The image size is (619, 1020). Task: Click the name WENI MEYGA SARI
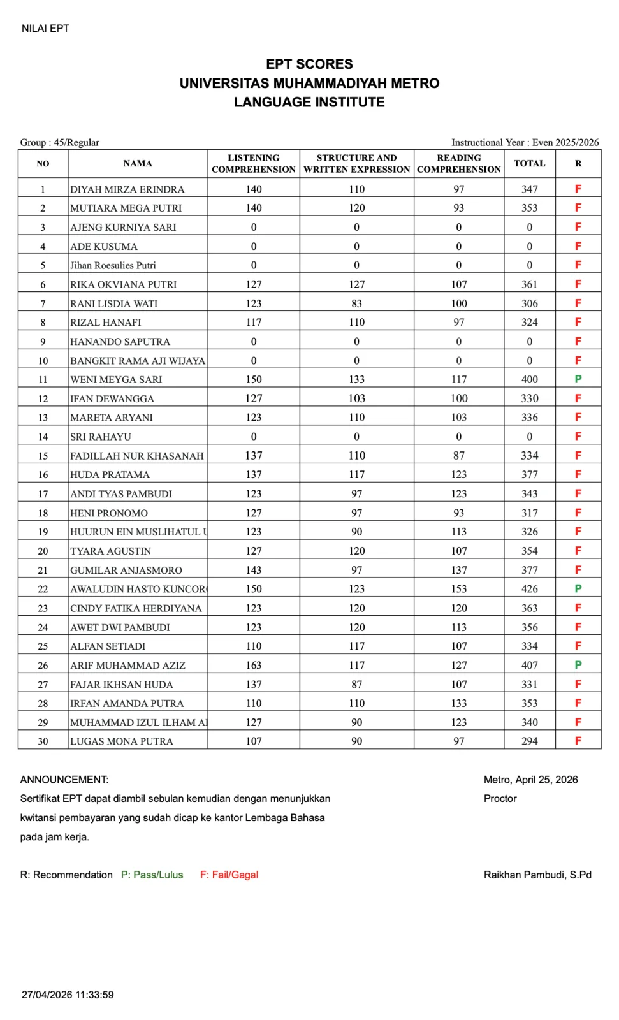pos(116,379)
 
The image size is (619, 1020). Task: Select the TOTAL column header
pos(529,163)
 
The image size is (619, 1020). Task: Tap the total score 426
pos(529,589)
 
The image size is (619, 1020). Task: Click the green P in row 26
pos(578,665)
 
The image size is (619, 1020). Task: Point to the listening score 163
pos(254,665)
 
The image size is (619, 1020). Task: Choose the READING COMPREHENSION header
pos(459,163)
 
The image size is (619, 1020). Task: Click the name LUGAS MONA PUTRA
pos(122,741)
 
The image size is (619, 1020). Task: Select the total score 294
pos(529,741)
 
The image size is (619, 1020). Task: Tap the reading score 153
pos(459,589)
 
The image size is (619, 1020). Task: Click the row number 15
pos(43,456)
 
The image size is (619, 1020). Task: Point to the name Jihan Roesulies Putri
pos(113,265)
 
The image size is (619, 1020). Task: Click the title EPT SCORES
pos(309,64)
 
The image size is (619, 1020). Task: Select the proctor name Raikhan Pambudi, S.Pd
pos(537,875)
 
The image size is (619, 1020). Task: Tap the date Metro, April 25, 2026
pos(530,780)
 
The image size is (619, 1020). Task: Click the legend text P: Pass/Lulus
pos(152,875)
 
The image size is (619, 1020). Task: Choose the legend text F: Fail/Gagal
pos(229,875)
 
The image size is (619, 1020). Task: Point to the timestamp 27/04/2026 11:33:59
pos(68,994)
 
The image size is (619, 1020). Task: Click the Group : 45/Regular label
pos(60,142)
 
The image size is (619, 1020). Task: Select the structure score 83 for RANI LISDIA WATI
pos(356,303)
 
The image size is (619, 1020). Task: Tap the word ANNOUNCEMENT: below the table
pos(64,780)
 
